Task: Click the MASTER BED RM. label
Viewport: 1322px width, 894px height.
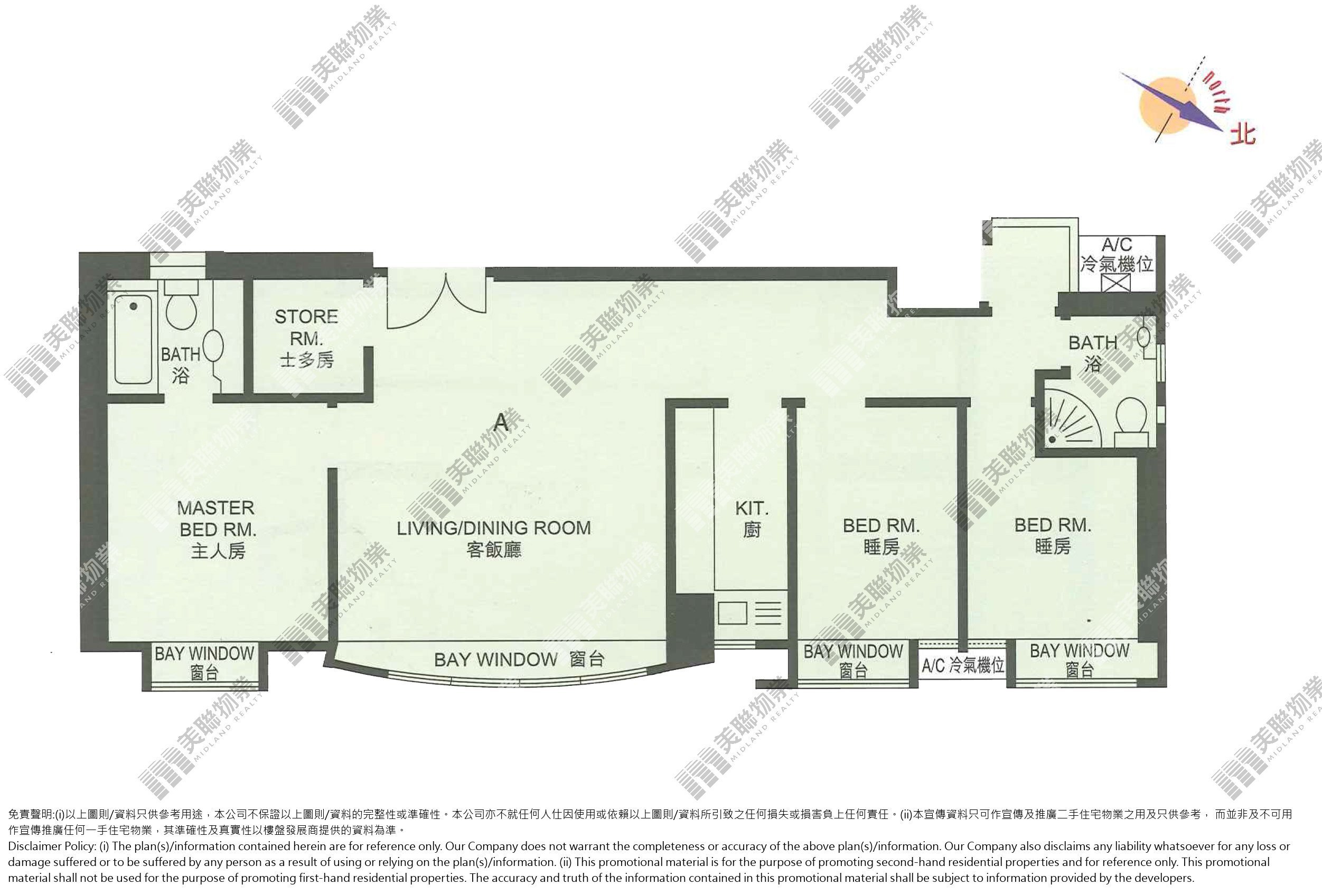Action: click(216, 529)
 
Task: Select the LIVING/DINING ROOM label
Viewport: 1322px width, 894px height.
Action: click(494, 538)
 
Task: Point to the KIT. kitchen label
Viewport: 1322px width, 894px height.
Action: click(752, 518)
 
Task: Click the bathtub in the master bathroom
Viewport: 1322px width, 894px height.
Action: click(133, 339)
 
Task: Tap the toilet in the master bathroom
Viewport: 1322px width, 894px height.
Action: click(181, 305)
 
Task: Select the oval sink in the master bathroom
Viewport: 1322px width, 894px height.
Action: click(213, 346)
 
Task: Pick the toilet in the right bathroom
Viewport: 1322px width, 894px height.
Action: click(1131, 422)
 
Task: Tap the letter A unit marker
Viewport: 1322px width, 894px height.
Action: click(501, 422)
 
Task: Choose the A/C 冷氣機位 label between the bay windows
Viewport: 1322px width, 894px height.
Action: click(962, 665)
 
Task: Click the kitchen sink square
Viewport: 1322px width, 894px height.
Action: click(732, 613)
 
